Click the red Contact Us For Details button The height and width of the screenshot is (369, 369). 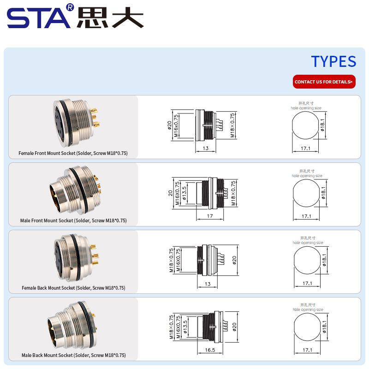click(x=324, y=82)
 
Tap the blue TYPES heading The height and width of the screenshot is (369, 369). click(x=333, y=61)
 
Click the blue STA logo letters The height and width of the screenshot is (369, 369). click(x=39, y=18)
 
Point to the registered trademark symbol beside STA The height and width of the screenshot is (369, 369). click(x=70, y=7)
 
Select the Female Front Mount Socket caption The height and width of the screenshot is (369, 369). click(x=73, y=153)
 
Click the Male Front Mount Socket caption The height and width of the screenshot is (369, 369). click(x=73, y=220)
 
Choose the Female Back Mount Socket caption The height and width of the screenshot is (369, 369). click(x=73, y=288)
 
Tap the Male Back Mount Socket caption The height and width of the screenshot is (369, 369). click(x=74, y=355)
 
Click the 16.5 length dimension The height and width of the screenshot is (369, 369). click(x=210, y=350)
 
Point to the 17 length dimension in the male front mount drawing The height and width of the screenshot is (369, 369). click(x=210, y=216)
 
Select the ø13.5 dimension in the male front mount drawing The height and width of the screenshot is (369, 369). click(x=184, y=193)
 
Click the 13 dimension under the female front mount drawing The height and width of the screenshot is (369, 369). click(x=205, y=148)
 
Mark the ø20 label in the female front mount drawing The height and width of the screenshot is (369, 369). click(x=169, y=125)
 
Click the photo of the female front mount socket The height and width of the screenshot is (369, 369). click(x=76, y=123)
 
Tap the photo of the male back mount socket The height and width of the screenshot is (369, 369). click(x=72, y=325)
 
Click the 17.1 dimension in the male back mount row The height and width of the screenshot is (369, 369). click(x=307, y=350)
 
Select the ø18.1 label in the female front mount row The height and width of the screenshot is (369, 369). click(x=322, y=125)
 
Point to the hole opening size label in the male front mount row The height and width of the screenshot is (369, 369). click(x=307, y=176)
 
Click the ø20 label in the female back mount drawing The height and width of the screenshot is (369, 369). click(x=234, y=260)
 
